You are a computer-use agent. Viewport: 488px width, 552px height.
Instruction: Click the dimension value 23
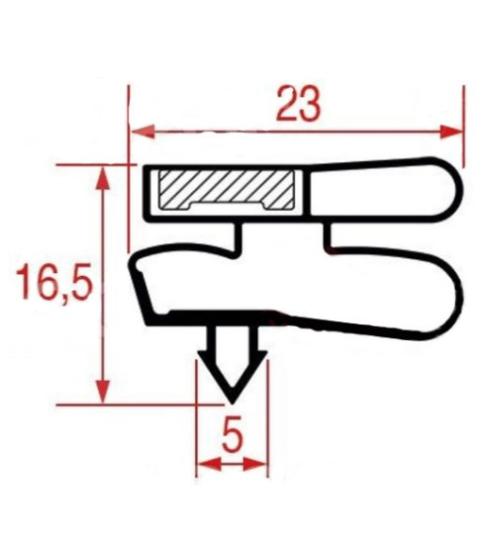pos(298,104)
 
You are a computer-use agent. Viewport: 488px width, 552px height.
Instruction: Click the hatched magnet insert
pos(227,190)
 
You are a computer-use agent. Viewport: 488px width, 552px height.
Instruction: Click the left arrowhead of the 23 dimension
pos(143,132)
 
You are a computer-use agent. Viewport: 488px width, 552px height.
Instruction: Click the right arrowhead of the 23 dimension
pos(450,132)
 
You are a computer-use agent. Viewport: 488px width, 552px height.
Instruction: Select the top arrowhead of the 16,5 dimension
pos(103,178)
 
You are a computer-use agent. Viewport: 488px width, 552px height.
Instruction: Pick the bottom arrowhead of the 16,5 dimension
pos(103,391)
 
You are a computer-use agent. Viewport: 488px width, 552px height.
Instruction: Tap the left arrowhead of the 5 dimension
pos(209,464)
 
